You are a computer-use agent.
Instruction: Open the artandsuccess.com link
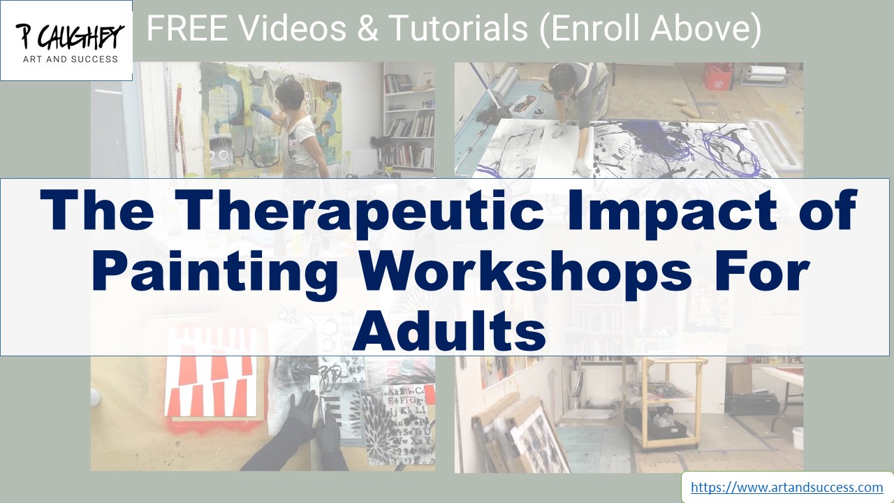coord(786,487)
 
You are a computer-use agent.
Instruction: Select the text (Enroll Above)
coord(650,29)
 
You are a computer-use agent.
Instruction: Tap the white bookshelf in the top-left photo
coord(409,119)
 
